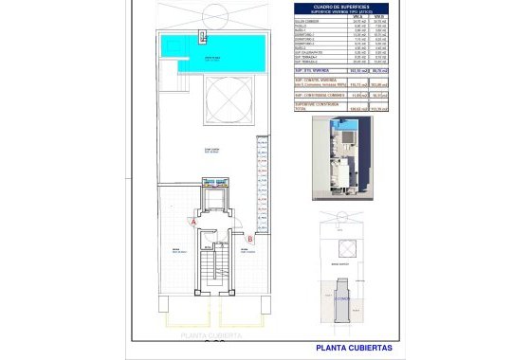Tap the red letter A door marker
(x=193, y=221)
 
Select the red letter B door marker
(x=248, y=239)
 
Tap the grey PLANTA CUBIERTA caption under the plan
(x=211, y=335)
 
